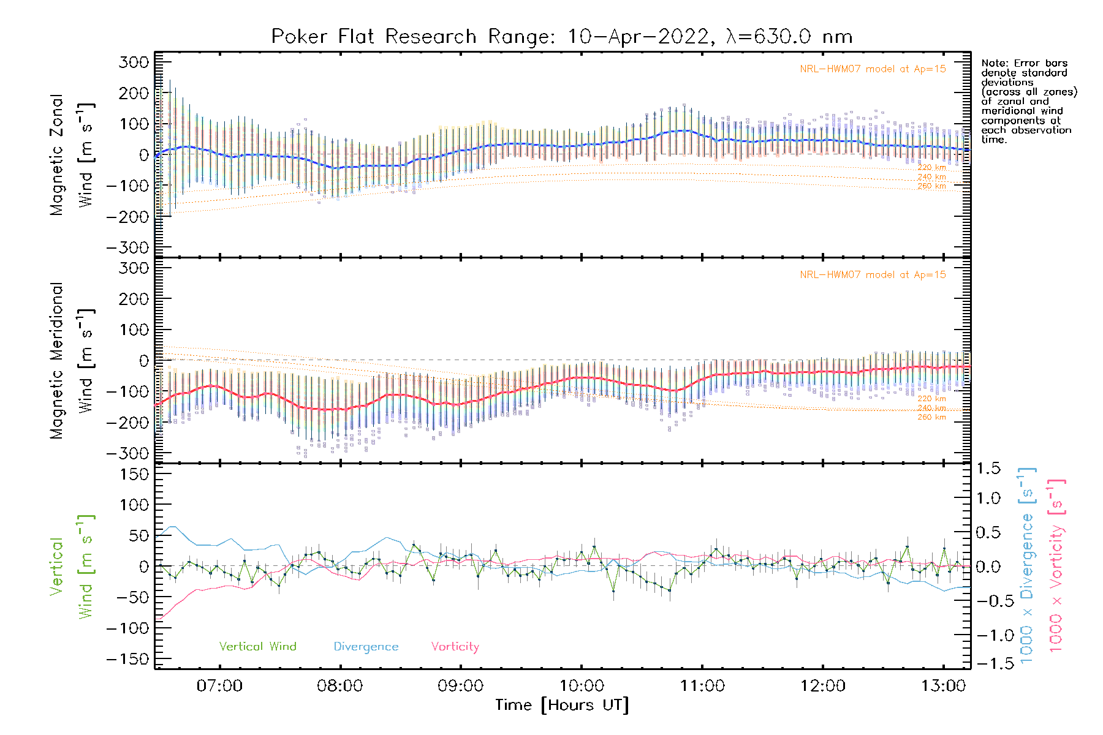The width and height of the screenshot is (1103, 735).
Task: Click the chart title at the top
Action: pos(562,37)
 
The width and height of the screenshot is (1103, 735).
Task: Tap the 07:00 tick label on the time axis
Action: pos(219,686)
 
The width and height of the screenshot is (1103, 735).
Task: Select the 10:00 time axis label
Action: pos(581,686)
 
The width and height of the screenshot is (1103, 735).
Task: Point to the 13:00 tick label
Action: pos(943,686)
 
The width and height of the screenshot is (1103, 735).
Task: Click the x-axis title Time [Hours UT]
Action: pos(562,706)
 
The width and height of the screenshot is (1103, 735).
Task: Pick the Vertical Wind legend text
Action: pos(257,647)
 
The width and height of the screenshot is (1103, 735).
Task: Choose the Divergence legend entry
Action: pos(366,647)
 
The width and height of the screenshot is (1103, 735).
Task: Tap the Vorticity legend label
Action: pos(455,647)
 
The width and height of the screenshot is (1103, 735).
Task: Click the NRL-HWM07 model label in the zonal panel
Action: pos(873,69)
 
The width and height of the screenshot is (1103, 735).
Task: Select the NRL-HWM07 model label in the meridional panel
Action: pos(873,275)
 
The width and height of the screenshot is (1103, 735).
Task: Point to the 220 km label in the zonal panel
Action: pos(931,167)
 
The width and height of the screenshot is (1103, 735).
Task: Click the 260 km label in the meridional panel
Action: pos(931,417)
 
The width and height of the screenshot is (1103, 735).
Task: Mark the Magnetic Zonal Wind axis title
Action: pos(72,154)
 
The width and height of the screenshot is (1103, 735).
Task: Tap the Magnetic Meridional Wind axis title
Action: pos(72,360)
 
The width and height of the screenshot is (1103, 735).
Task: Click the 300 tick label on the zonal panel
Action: pos(134,62)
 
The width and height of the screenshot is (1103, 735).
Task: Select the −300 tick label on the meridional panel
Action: pos(127,453)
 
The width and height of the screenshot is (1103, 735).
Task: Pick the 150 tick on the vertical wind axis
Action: pos(134,474)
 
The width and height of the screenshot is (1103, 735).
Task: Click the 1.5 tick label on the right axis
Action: pos(988,469)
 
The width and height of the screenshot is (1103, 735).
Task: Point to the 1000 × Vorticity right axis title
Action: pos(1056,565)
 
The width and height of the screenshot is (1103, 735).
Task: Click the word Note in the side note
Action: pos(993,63)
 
